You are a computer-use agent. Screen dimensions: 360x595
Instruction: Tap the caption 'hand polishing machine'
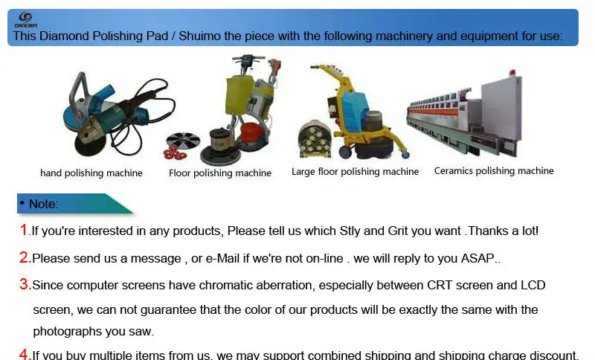click(91, 173)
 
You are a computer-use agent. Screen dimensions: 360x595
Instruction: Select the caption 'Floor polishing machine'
click(220, 173)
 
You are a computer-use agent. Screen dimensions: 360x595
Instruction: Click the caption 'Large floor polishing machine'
click(355, 172)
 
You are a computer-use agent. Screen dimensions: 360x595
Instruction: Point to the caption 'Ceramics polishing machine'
click(494, 171)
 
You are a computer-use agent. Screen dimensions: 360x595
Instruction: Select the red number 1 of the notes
click(25, 231)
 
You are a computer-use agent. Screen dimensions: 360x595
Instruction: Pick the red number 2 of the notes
click(25, 258)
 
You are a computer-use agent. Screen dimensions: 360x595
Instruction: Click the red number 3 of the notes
click(25, 285)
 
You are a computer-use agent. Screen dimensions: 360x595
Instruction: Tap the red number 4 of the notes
click(25, 354)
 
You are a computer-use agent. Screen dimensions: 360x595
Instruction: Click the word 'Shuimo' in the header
click(205, 36)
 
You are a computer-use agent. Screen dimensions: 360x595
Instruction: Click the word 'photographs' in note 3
click(65, 332)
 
